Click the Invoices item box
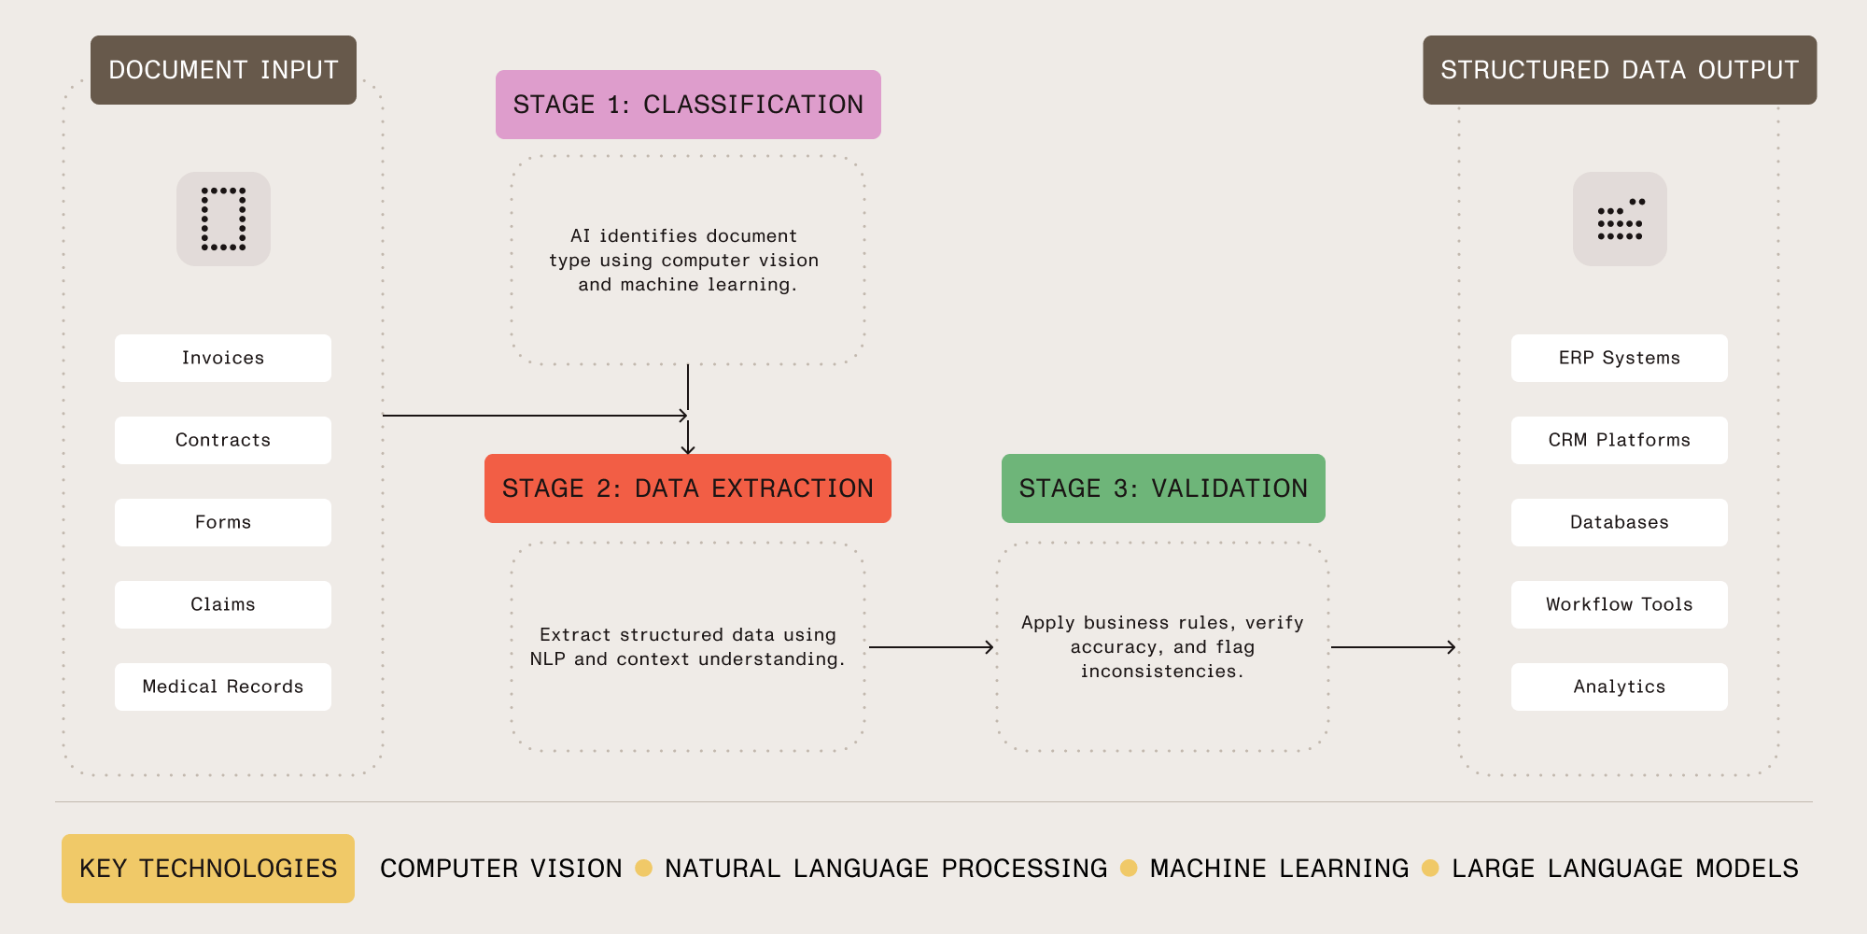[x=222, y=358]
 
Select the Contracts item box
[x=222, y=440]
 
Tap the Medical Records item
[x=222, y=686]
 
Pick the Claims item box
[x=222, y=604]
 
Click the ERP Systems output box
[x=1619, y=358]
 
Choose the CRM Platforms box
[x=1619, y=440]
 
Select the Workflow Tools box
[x=1619, y=604]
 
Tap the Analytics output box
[x=1619, y=686]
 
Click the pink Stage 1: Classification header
[x=688, y=105]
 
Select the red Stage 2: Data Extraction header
[x=688, y=488]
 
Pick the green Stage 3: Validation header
[x=1163, y=488]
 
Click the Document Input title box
[x=223, y=70]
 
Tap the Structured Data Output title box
[x=1620, y=70]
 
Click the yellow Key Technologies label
[x=208, y=869]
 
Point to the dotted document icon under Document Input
[x=223, y=219]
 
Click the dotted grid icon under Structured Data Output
[x=1620, y=219]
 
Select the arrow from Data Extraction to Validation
[x=931, y=647]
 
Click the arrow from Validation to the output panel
[x=1393, y=647]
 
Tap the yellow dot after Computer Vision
[x=643, y=869]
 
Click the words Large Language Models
[x=1624, y=869]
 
